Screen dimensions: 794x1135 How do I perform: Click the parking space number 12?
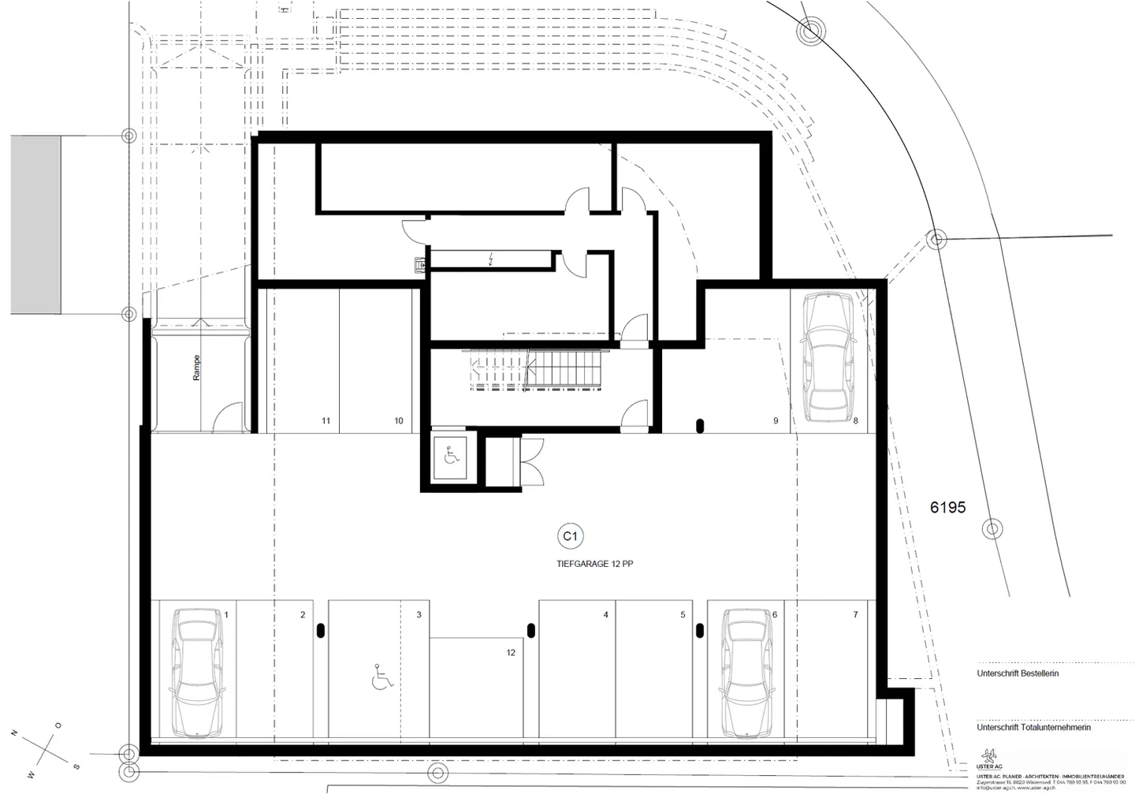pyautogui.click(x=511, y=653)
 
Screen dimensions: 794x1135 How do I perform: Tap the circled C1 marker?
pyautogui.click(x=569, y=537)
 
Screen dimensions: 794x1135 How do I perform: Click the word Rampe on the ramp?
pyautogui.click(x=196, y=368)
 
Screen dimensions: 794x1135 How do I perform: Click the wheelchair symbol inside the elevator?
pyautogui.click(x=451, y=456)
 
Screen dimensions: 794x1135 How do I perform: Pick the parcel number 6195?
pyautogui.click(x=947, y=508)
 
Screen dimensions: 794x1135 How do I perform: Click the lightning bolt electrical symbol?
pyautogui.click(x=491, y=259)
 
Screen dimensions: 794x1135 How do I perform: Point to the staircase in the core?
pyautogui.click(x=536, y=371)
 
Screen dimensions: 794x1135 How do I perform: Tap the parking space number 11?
pyautogui.click(x=326, y=421)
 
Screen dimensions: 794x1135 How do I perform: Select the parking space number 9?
pyautogui.click(x=776, y=421)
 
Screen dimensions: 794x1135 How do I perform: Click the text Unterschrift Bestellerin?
pyautogui.click(x=1018, y=674)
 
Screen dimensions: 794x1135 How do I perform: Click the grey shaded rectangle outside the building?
pyautogui.click(x=35, y=224)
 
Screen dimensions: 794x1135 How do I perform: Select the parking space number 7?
pyautogui.click(x=855, y=615)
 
